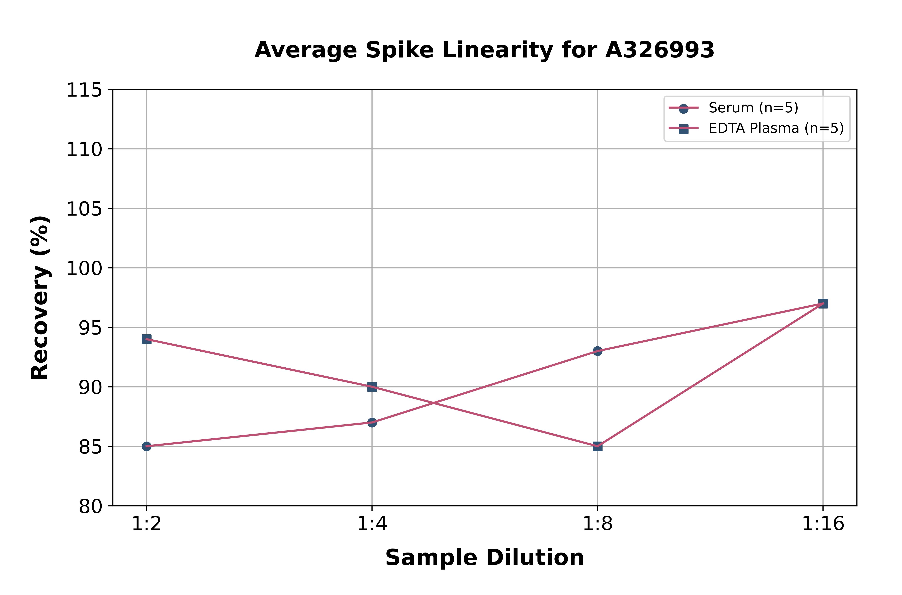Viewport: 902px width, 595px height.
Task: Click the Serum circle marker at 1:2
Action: (147, 446)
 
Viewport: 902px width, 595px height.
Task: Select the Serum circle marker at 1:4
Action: (372, 422)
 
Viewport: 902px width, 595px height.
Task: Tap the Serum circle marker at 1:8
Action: (598, 351)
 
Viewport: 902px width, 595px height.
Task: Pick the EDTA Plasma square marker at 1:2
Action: (147, 339)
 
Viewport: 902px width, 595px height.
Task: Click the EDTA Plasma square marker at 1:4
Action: (372, 387)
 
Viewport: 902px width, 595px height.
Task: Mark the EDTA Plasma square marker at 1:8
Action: (598, 446)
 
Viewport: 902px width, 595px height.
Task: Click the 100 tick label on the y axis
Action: (84, 269)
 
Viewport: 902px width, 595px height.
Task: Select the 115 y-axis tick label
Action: (84, 90)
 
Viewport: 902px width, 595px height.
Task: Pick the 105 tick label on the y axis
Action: (84, 209)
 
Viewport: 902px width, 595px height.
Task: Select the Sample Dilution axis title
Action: (484, 558)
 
